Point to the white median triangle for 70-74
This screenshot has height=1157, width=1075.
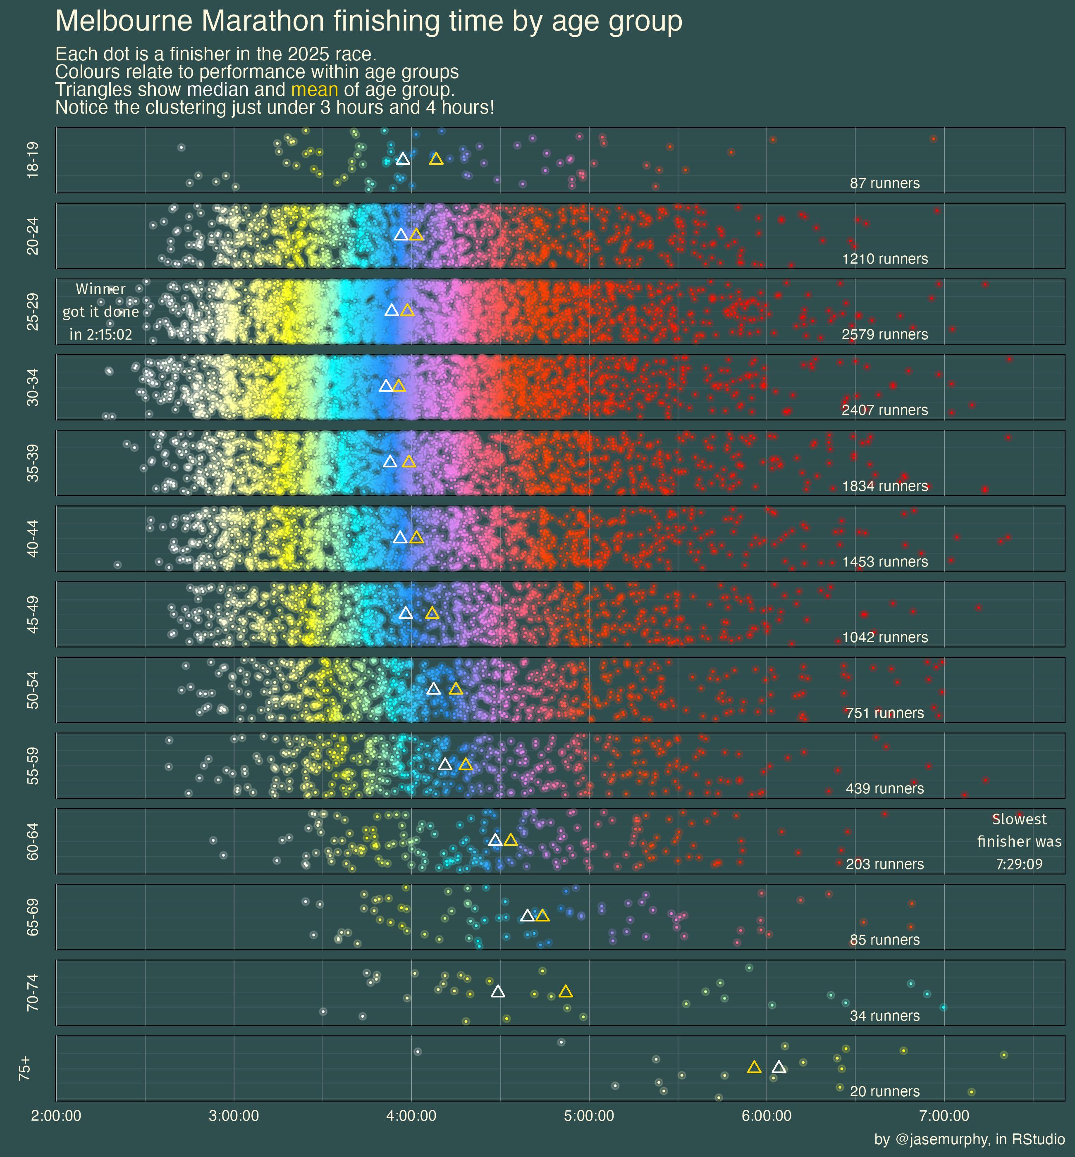tap(497, 991)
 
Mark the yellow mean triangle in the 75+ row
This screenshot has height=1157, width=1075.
tap(754, 1067)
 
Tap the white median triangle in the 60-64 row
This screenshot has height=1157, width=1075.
tap(495, 840)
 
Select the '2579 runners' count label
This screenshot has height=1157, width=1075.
tap(884, 335)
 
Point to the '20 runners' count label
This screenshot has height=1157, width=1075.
tap(884, 1092)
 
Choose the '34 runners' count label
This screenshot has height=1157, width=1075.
tap(884, 1016)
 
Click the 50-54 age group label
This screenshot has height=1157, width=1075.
tap(33, 690)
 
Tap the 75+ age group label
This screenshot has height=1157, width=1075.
tap(25, 1069)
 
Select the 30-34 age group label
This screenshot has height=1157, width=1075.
tap(33, 387)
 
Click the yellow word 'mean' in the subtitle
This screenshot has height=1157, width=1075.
tap(314, 90)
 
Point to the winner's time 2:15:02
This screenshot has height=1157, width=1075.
tap(100, 335)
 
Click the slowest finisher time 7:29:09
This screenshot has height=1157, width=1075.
tap(1019, 864)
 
